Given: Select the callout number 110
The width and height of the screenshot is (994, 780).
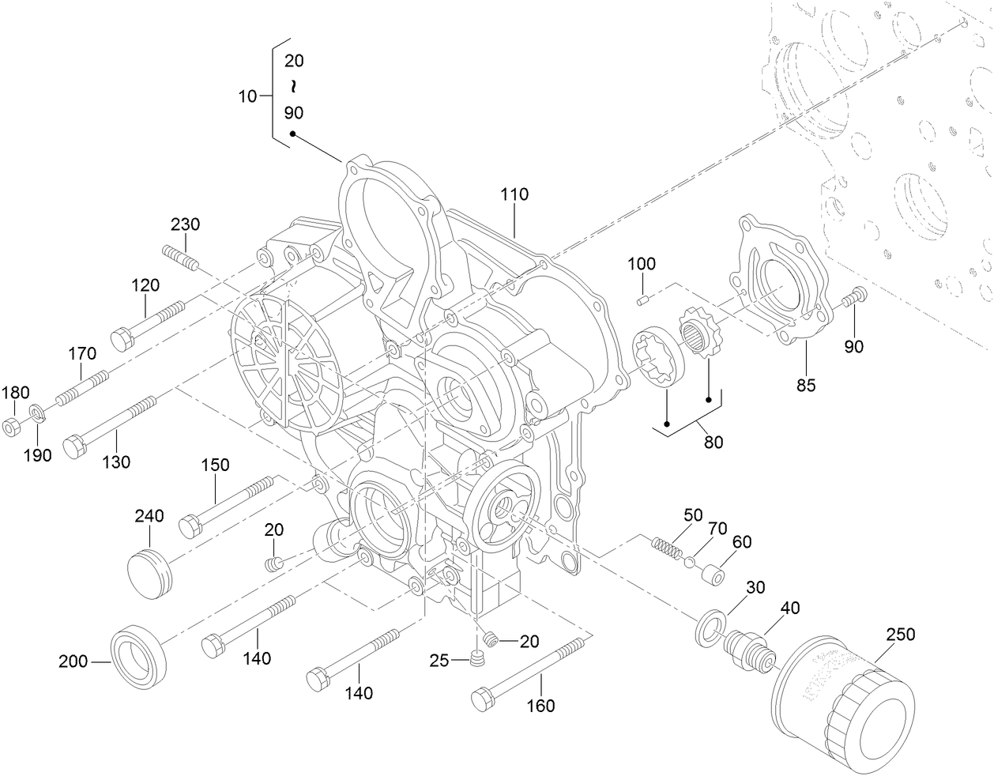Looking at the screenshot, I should click(514, 194).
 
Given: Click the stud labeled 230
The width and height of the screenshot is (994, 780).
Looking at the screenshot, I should click(181, 257).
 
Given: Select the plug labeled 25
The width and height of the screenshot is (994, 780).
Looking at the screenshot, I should click(476, 659).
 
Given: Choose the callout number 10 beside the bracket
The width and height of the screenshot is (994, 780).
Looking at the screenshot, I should click(247, 96).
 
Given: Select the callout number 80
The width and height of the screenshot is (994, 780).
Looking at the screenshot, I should click(713, 443).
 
